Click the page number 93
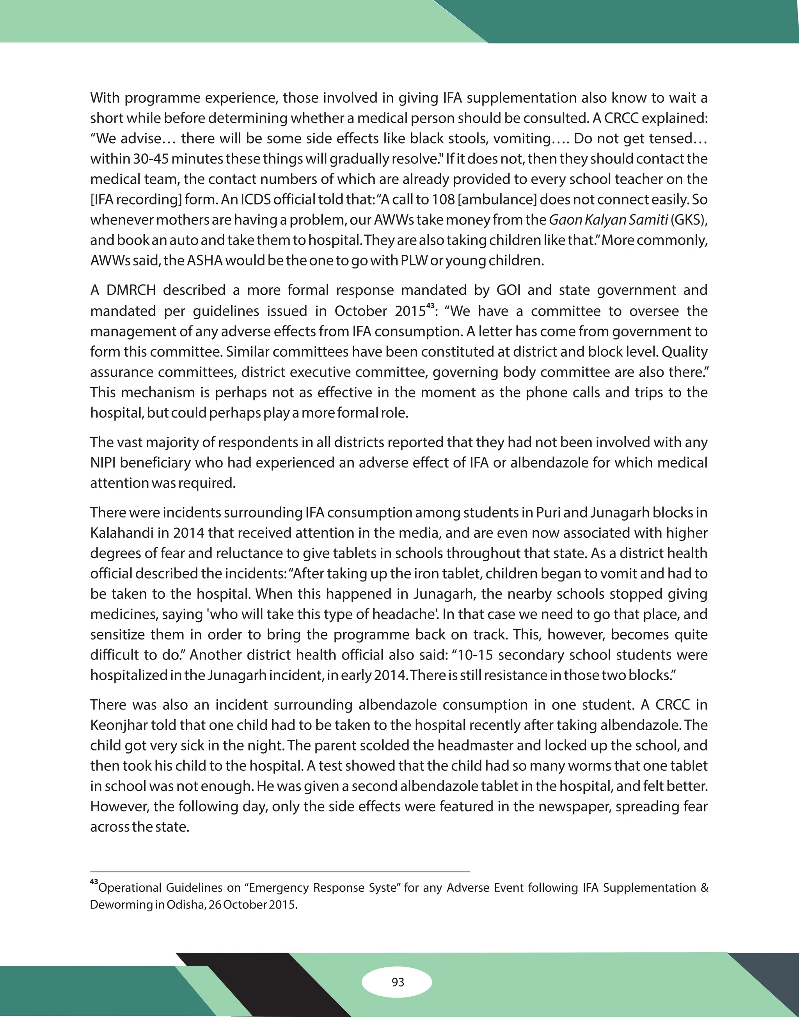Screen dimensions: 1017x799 398,982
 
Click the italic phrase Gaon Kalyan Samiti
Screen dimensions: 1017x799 608,219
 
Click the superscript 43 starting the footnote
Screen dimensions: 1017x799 94,882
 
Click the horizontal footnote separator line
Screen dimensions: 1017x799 279,872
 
